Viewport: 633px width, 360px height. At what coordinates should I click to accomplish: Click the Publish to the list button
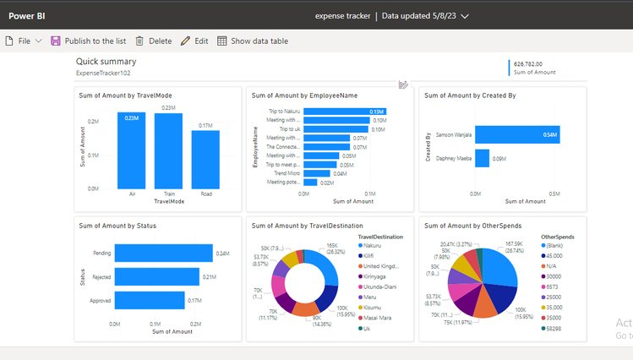[89, 41]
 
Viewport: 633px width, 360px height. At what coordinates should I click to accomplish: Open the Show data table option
[252, 41]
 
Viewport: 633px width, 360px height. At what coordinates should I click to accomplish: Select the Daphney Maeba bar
[482, 158]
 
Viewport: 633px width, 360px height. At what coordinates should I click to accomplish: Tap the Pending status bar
[163, 254]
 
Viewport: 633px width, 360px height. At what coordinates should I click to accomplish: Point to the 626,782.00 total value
[528, 63]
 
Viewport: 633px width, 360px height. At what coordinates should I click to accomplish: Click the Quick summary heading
[106, 62]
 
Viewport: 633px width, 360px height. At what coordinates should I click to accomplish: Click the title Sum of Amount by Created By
[470, 95]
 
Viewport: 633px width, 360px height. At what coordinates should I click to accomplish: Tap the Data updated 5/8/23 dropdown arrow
[488, 15]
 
